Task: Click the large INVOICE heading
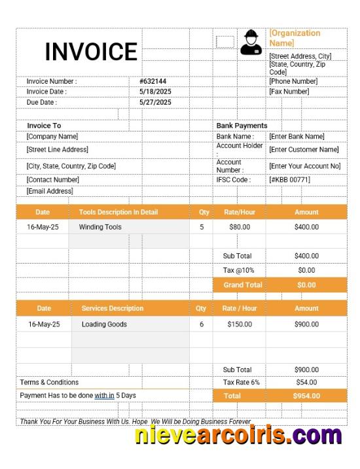[x=91, y=52]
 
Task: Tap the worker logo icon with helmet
[x=251, y=42]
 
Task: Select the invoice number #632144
[x=153, y=81]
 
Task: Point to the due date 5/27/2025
[x=155, y=102]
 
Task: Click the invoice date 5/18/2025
[x=155, y=92]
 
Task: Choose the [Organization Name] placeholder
[x=295, y=38]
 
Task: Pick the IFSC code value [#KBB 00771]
[x=289, y=179]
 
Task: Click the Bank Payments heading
[x=242, y=125]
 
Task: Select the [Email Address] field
[x=50, y=191]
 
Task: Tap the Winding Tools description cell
[x=100, y=227]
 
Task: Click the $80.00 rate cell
[x=240, y=227]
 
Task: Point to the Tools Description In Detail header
[x=118, y=212]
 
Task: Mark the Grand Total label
[x=242, y=285]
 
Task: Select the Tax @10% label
[x=238, y=270]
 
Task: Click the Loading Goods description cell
[x=104, y=324]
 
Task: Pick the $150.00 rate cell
[x=240, y=324]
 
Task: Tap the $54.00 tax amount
[x=306, y=382]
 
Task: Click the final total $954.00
[x=306, y=396]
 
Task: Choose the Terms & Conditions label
[x=49, y=382]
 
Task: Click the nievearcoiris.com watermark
[x=238, y=435]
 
